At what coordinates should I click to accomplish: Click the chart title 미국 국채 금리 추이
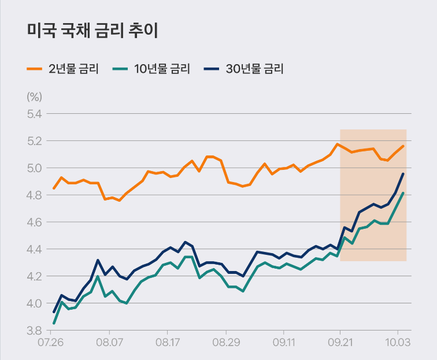tap(92, 31)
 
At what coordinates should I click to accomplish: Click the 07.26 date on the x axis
tap(50, 343)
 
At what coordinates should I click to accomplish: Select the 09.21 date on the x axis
tap(340, 343)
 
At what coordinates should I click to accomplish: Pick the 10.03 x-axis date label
tap(398, 343)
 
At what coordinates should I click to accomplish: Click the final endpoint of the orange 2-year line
tap(403, 146)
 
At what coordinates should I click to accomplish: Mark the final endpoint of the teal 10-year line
tap(403, 193)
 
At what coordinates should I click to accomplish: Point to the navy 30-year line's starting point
tap(54, 312)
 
